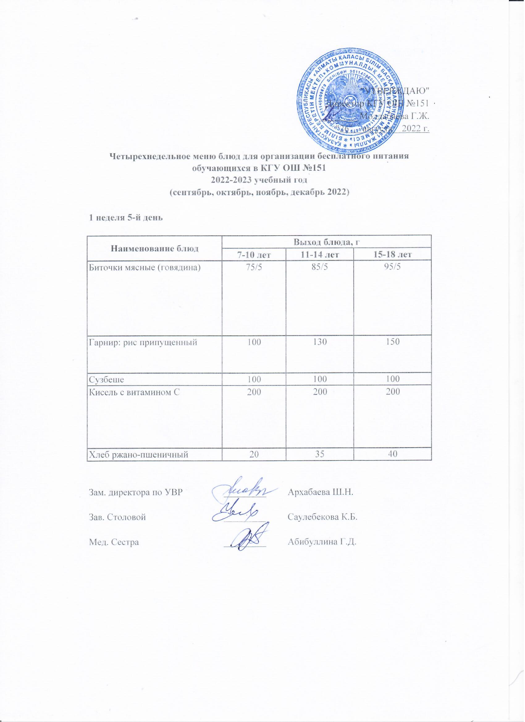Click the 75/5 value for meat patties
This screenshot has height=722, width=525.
(x=254, y=267)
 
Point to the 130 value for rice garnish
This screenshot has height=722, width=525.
(x=320, y=342)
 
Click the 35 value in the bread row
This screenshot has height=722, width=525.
(x=320, y=455)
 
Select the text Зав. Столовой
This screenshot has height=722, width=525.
(x=117, y=517)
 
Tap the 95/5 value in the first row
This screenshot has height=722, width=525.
(x=392, y=267)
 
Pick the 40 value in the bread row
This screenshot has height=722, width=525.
(x=392, y=455)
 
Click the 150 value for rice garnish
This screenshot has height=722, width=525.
(x=392, y=342)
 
